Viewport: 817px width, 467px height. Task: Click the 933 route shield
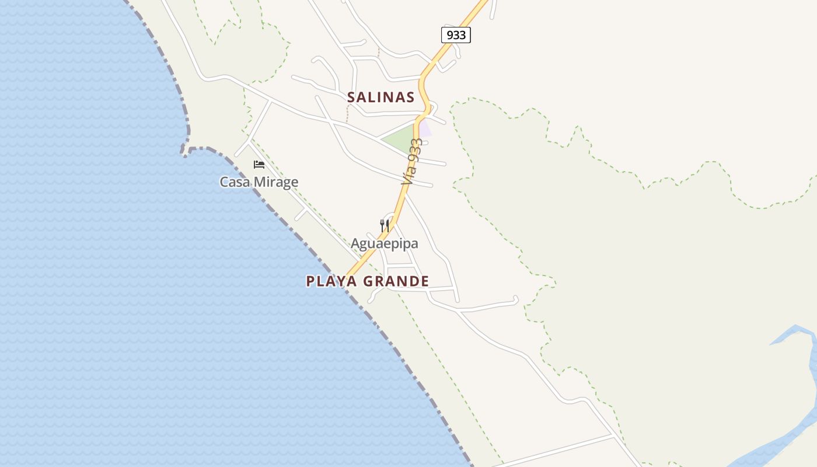pyautogui.click(x=455, y=35)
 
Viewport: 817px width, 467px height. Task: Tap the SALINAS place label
pyautogui.click(x=380, y=97)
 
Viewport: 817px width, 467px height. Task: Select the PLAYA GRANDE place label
pyautogui.click(x=368, y=281)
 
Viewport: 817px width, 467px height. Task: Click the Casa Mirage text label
pyautogui.click(x=259, y=182)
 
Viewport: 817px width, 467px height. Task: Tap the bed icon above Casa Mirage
pyautogui.click(x=259, y=165)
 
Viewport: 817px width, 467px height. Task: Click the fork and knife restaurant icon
pyautogui.click(x=384, y=225)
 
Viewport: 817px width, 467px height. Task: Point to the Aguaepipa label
pyautogui.click(x=384, y=243)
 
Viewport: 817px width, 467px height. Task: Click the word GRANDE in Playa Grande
pyautogui.click(x=397, y=281)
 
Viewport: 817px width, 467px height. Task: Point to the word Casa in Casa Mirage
pyautogui.click(x=233, y=182)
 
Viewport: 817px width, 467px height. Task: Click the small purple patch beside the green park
pyautogui.click(x=426, y=128)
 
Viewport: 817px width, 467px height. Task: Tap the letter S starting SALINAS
pyautogui.click(x=351, y=97)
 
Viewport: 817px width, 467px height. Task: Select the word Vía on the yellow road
pyautogui.click(x=407, y=175)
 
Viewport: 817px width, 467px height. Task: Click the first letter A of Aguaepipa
pyautogui.click(x=355, y=243)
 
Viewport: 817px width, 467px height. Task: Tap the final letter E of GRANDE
pyautogui.click(x=425, y=281)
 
